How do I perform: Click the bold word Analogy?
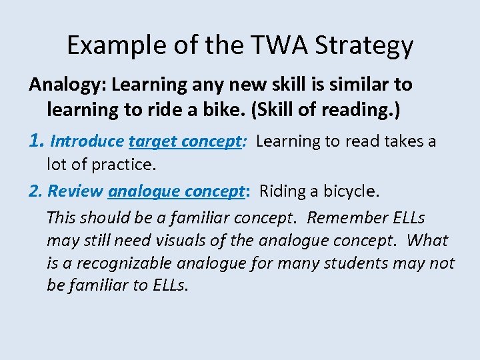[x=67, y=85]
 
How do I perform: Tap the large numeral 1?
[x=36, y=141]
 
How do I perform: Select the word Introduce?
[x=87, y=141]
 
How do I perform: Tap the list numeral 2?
[x=35, y=191]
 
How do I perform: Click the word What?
[x=427, y=240]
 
